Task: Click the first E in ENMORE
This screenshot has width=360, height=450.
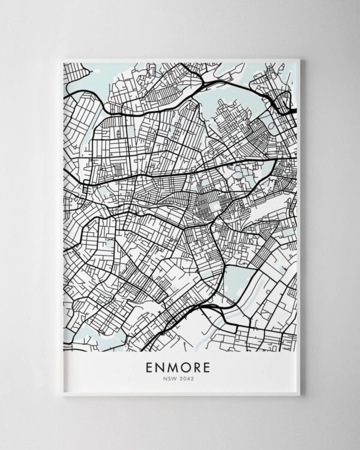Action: pyautogui.click(x=148, y=366)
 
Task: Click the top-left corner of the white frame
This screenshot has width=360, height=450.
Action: pyautogui.click(x=62, y=59)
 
